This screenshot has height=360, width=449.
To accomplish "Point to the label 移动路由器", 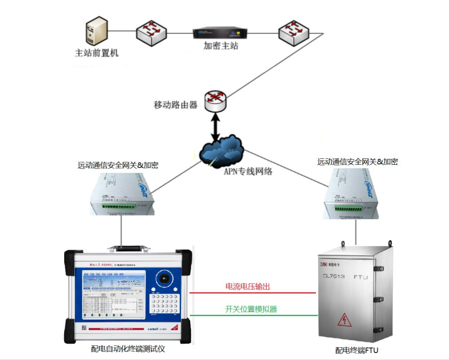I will [175, 105].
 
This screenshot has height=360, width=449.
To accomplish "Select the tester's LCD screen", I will [112, 295].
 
